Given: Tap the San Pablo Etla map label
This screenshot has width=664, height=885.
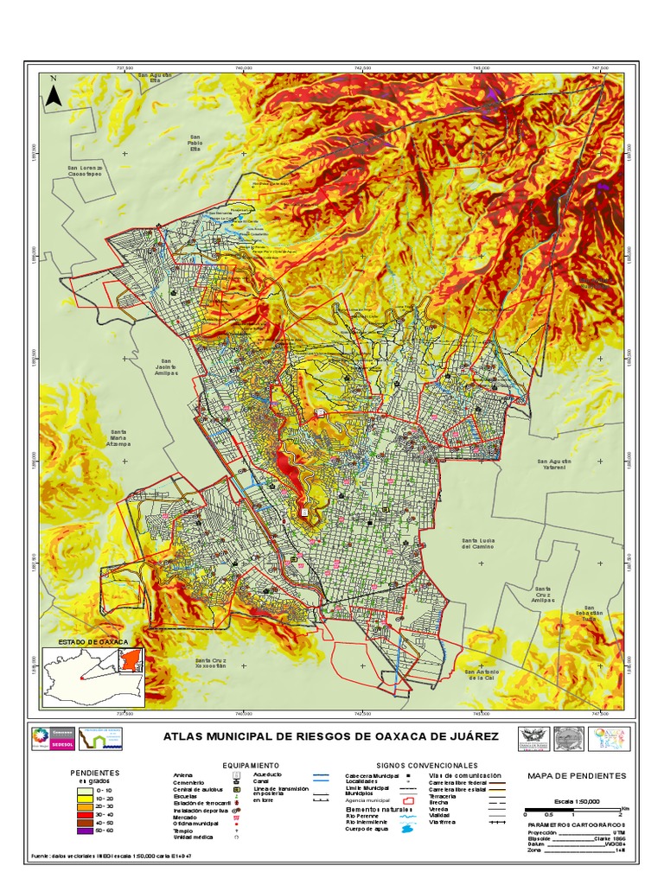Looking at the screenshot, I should coord(195,142).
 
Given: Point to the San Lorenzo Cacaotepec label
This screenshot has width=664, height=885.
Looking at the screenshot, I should coord(86,169).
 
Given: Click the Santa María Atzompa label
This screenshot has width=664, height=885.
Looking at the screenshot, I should coord(122,440).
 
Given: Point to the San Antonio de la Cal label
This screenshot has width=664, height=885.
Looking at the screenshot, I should coord(482,675).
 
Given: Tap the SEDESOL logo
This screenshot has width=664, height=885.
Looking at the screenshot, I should coord(51,742).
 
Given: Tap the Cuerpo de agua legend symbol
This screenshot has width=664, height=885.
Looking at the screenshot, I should coord(405,830).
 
